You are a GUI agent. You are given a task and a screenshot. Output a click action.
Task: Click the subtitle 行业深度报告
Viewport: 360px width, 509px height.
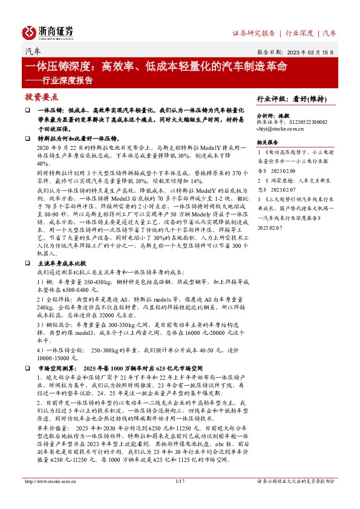[67, 80]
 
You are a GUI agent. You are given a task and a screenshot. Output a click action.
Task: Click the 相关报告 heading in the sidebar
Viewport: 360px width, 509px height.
[267, 142]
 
